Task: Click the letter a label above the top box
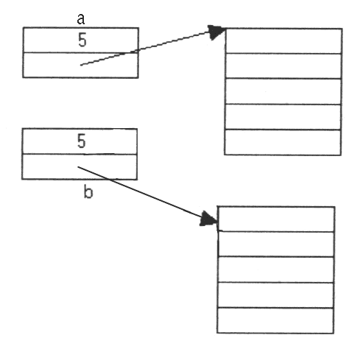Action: (x=81, y=19)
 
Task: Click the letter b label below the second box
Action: (x=88, y=192)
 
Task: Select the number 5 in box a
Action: (x=82, y=40)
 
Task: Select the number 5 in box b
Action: (x=82, y=141)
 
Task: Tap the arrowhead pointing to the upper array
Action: (x=216, y=32)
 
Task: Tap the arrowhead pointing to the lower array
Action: (x=208, y=219)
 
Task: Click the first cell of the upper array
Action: (x=283, y=41)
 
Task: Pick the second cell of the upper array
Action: (x=283, y=66)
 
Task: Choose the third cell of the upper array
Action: (x=283, y=91)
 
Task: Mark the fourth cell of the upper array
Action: (x=283, y=117)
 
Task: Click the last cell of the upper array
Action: (x=283, y=142)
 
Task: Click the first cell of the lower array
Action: (x=276, y=219)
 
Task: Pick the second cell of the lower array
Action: (x=276, y=244)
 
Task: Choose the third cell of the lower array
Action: (x=275, y=270)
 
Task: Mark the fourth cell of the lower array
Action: (x=275, y=295)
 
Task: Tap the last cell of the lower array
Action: (x=275, y=320)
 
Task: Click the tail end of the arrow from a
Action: (x=81, y=65)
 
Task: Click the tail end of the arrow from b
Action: (x=78, y=167)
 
